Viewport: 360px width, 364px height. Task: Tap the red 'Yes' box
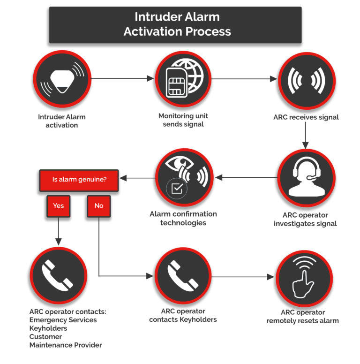coord(58,206)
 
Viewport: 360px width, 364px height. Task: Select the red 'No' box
coord(98,206)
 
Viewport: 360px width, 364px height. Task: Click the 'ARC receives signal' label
coord(306,117)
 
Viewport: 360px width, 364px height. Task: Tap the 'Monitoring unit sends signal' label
coord(183,120)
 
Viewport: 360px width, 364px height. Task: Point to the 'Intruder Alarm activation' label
coord(62,121)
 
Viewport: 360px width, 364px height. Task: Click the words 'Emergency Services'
coord(63,320)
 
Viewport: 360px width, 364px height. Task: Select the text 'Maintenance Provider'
coord(65,345)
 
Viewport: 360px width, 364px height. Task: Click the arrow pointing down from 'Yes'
coord(58,232)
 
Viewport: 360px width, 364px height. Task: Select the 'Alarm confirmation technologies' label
coord(183,218)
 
